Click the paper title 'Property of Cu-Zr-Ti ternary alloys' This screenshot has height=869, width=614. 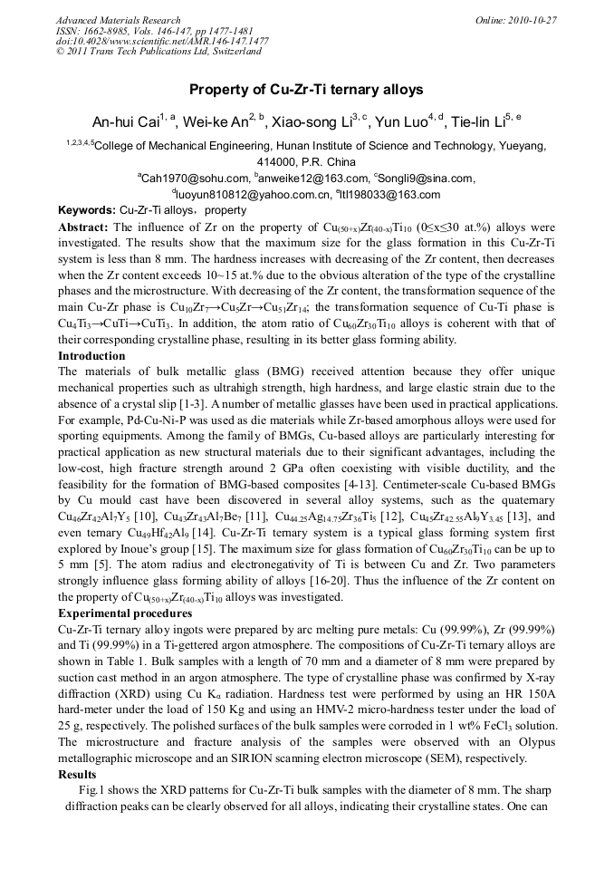point(306,90)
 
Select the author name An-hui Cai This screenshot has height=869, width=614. point(124,122)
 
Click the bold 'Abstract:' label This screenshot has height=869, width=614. point(84,225)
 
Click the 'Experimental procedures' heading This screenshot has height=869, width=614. point(122,613)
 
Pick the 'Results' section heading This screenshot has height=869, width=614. point(77,775)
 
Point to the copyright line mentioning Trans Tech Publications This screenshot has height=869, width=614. point(158,52)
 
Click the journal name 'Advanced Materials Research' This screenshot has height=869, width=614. point(118,20)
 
